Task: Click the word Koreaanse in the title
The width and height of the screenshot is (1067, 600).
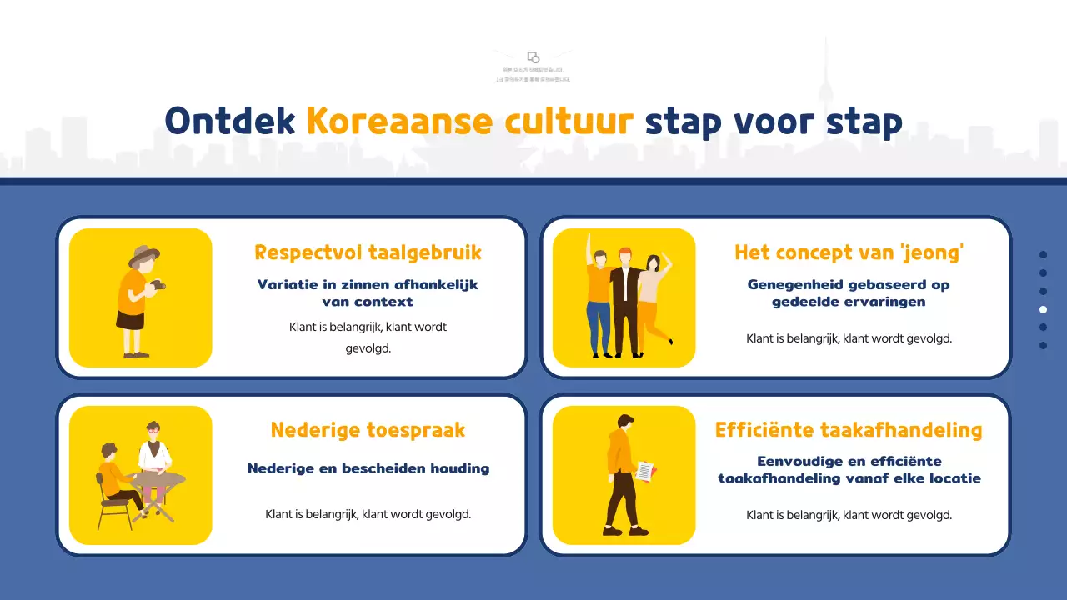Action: pos(400,122)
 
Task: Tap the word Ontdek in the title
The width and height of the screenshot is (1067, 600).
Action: pos(230,122)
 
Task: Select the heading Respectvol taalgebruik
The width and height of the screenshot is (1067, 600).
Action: pos(368,252)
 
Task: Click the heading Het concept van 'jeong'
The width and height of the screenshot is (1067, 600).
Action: pos(849,252)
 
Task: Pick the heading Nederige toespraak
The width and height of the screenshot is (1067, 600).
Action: pos(368,430)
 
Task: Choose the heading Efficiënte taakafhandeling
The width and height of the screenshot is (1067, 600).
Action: pos(849,430)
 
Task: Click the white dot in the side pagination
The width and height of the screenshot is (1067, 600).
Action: pos(1043,309)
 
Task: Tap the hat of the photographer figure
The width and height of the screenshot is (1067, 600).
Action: pos(143,255)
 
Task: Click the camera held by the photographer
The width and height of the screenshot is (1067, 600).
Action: pos(158,286)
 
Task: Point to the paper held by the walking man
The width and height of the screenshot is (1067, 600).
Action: pos(645,471)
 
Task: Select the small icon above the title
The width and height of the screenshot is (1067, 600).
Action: pos(533,57)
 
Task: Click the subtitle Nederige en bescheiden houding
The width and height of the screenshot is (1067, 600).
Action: pos(368,468)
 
